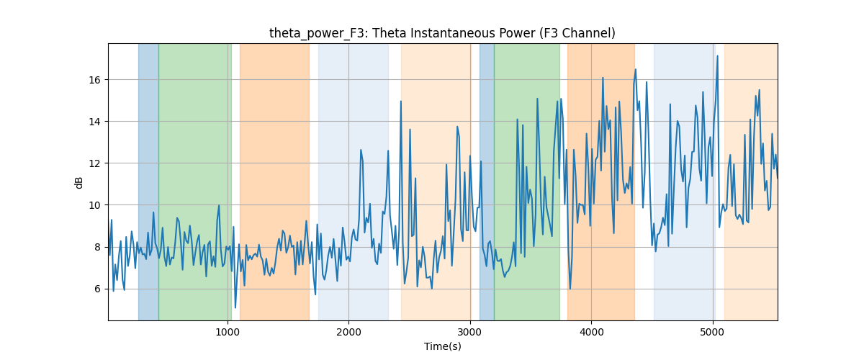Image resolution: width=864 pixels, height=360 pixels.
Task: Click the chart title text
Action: point(442,33)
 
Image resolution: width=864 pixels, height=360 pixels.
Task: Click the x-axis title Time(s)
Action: point(442,346)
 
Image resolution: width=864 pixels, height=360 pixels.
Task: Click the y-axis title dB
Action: point(78,182)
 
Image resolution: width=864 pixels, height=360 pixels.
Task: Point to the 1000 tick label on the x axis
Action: point(228,332)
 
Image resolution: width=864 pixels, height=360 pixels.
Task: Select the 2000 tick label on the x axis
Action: point(348,332)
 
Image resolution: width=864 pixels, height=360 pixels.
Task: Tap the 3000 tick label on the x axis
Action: point(470,332)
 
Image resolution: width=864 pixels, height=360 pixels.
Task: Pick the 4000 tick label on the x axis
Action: point(591,332)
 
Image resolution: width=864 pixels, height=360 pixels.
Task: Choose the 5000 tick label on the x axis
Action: point(713,332)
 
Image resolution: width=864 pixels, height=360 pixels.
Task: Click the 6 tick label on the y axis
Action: point(97,289)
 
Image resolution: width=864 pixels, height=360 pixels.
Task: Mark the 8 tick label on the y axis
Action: point(97,247)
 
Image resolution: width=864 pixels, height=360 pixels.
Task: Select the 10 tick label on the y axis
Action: point(94,205)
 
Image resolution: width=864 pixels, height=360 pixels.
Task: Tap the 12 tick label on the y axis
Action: point(94,163)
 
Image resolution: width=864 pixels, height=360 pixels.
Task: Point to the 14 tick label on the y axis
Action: point(94,122)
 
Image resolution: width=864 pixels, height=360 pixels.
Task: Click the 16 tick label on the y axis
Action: point(94,80)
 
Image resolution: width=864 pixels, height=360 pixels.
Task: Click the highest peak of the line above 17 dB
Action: point(717,56)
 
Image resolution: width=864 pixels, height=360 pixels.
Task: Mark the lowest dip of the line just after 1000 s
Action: point(235,307)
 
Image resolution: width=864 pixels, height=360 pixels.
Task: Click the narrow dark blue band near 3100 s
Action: point(487,181)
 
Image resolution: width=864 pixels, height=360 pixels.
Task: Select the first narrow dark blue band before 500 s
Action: point(148,181)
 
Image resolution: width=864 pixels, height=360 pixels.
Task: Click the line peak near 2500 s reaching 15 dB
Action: point(401,101)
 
